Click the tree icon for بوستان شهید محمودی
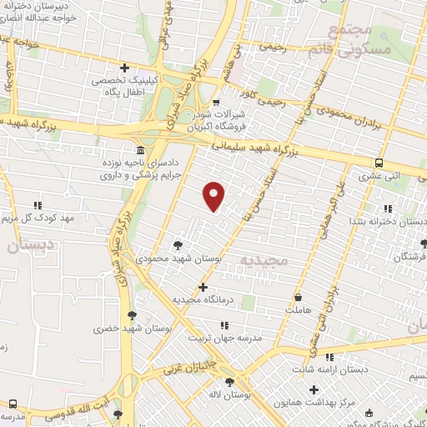pos(178,245)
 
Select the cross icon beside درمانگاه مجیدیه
pos(203,287)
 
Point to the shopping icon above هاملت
pos(297,297)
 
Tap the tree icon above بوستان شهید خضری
pos(132,315)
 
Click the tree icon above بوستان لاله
pos(229,382)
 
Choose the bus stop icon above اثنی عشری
pos(379,163)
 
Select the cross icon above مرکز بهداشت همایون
pos(314,389)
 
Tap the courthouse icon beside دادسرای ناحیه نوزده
pos(138,150)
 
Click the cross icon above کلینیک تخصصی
pos(125,68)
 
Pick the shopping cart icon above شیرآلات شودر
pos(215,103)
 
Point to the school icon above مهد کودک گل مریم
pos(37,204)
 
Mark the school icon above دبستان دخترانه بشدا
pos(386,208)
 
